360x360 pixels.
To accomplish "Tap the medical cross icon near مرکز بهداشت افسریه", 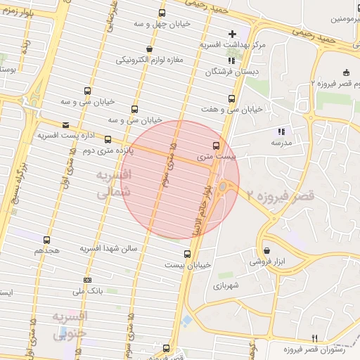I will point(233,34).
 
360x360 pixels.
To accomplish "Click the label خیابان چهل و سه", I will point(162,23).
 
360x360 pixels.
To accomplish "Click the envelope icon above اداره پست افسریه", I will point(65,124).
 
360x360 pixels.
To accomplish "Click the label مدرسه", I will point(281,142).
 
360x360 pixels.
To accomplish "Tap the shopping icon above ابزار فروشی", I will point(266,250).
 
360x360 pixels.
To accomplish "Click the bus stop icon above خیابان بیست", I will point(187,254).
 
